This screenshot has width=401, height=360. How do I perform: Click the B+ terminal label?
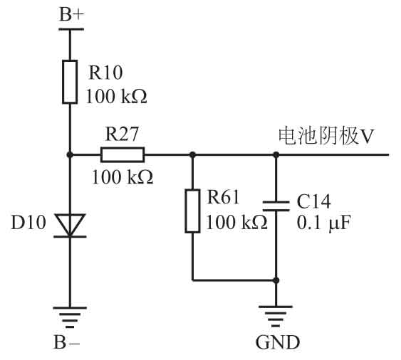pos(71,14)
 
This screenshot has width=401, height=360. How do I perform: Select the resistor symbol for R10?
pos(70,82)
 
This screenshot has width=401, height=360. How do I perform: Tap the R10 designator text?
pos(105,73)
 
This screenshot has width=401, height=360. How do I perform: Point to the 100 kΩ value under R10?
pos(117,96)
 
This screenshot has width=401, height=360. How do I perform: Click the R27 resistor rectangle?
pos(123,154)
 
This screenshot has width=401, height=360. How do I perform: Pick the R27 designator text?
pos(122,134)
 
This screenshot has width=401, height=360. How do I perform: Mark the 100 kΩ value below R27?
pos(123,177)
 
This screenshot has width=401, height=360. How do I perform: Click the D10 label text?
pos(28,222)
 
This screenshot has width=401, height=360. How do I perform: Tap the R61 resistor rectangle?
pos(192,211)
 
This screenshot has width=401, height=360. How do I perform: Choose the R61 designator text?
pos(223,197)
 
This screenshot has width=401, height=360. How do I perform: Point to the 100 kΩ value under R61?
pos(236,222)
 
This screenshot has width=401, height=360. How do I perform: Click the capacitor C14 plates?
pos(276,206)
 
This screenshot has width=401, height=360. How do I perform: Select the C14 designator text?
pos(314,201)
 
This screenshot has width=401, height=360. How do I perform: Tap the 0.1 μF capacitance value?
pos(323,223)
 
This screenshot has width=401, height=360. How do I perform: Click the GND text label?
pos(278,342)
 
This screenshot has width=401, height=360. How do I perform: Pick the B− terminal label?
pos(67,342)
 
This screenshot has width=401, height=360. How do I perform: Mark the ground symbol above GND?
pos(276,317)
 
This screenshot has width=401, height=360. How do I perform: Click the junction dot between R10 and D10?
pos(70,154)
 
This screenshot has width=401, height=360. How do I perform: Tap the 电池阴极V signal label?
pos(326,137)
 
